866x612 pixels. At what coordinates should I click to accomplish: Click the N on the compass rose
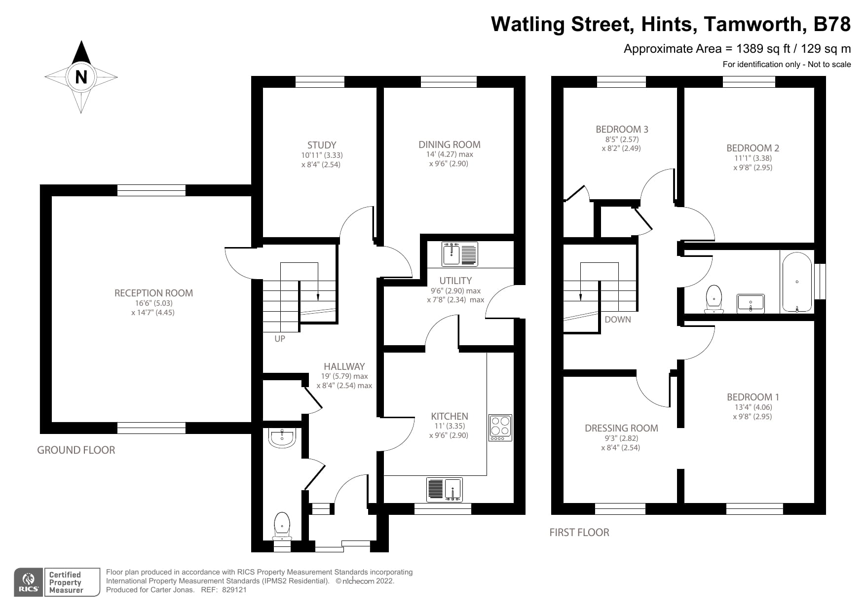81,77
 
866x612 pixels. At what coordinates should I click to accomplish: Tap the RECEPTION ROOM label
153,293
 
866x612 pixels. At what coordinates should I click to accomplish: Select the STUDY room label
321,145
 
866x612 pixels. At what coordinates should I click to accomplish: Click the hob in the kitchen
500,428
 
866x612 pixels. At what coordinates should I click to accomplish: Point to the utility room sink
459,253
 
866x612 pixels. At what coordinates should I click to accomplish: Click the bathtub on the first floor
797,282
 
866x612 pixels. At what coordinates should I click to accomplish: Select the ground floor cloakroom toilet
282,526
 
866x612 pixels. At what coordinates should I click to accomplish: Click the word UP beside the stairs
280,339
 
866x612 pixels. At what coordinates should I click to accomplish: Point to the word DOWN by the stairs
617,320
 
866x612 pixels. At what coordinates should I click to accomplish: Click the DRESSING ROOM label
621,428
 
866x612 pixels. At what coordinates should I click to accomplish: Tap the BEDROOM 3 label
622,129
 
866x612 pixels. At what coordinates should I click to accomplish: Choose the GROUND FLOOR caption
76,450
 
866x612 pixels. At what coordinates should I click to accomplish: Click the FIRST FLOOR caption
579,532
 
